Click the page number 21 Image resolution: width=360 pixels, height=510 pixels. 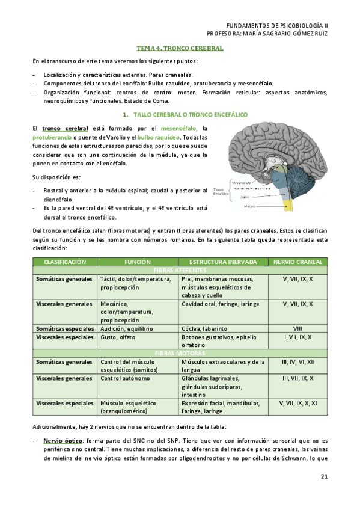click(x=324, y=478)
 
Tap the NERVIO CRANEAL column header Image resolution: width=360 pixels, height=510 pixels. click(x=297, y=262)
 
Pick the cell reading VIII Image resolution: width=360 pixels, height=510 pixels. click(x=297, y=329)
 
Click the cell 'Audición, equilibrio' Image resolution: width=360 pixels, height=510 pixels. click(x=127, y=329)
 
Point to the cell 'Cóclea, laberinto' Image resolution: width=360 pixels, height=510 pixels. click(x=204, y=329)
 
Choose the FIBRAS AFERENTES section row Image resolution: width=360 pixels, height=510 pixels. click(x=180, y=271)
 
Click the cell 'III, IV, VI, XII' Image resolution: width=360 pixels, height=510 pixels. click(x=297, y=362)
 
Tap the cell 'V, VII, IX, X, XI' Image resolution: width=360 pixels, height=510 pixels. click(x=297, y=403)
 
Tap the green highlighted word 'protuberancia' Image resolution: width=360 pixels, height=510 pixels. click(x=52, y=138)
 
